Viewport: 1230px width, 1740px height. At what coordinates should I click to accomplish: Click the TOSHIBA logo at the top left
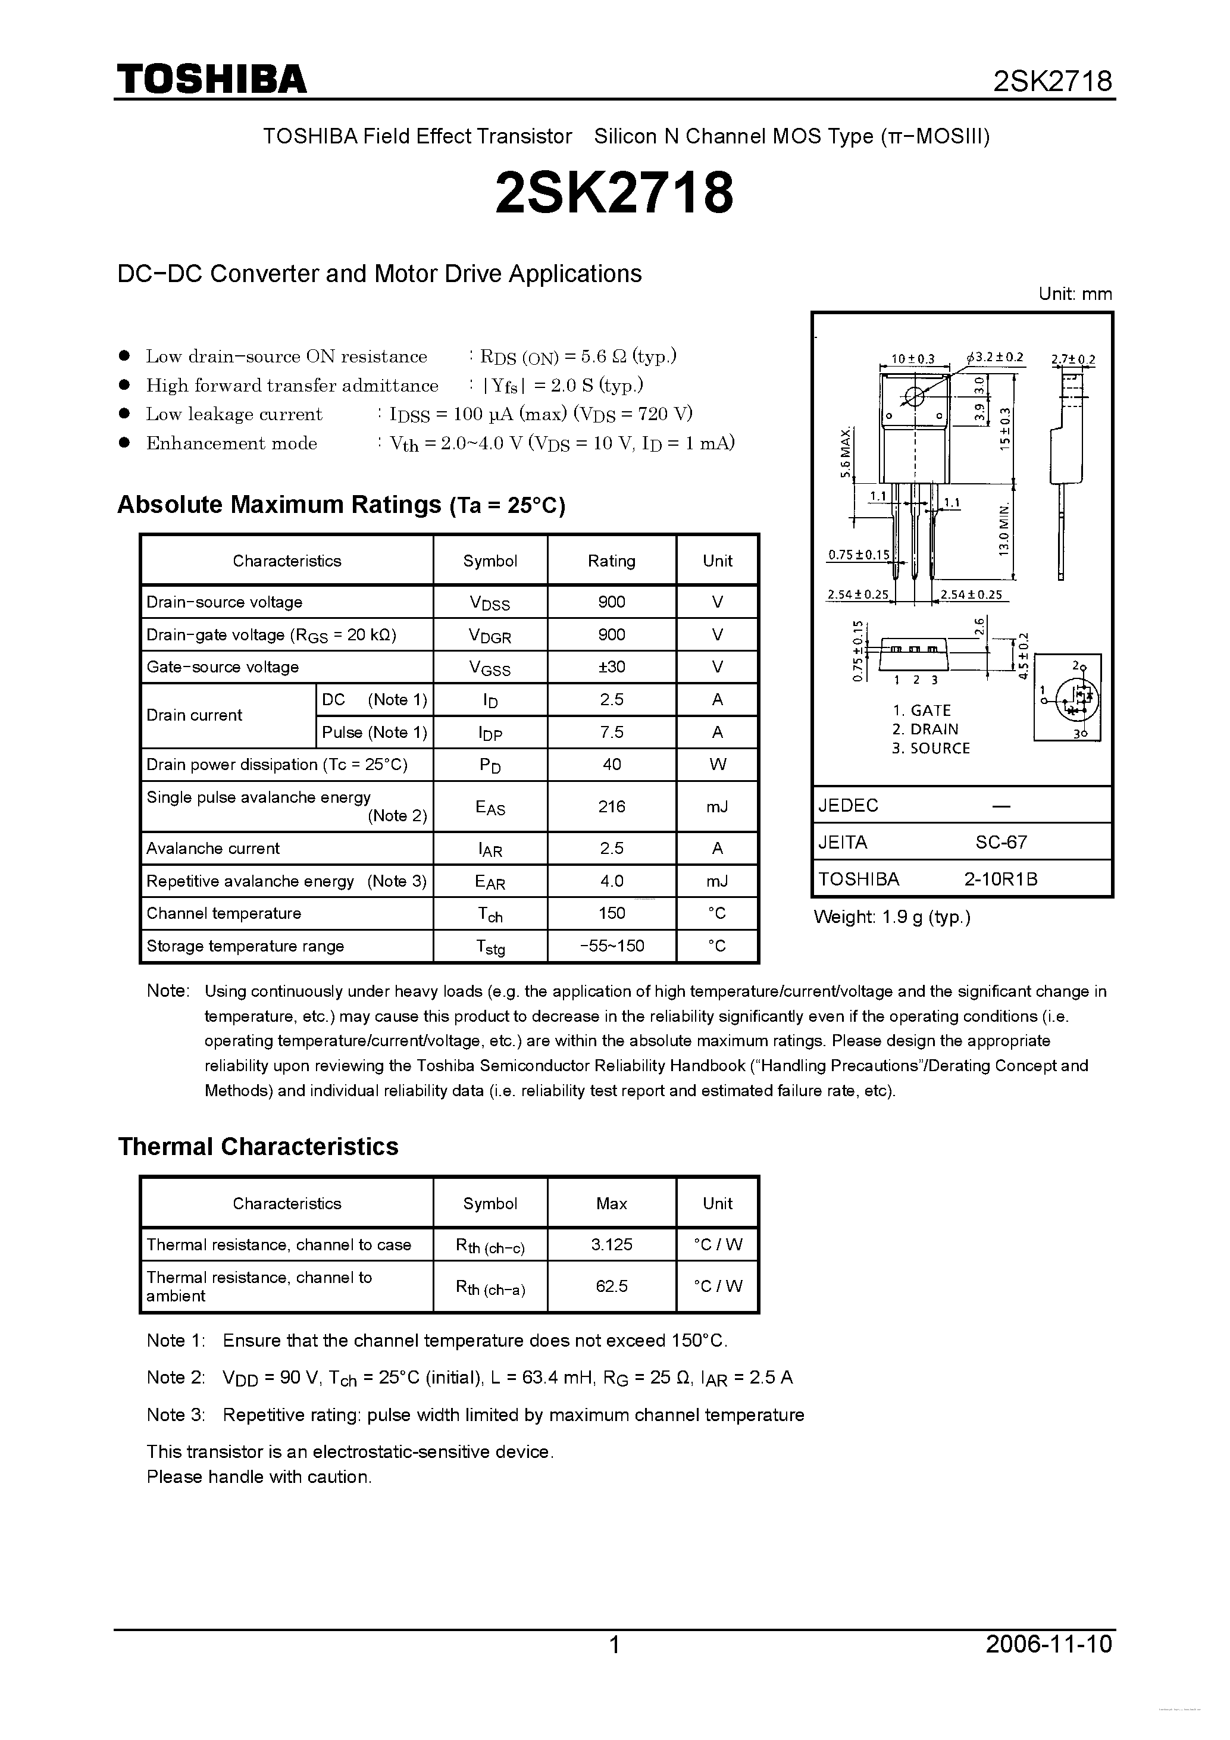(211, 79)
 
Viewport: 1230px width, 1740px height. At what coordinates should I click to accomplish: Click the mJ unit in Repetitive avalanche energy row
(717, 881)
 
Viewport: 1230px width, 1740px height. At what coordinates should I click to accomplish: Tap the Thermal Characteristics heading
(258, 1147)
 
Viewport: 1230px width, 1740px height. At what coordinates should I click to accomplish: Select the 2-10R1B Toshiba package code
(1000, 879)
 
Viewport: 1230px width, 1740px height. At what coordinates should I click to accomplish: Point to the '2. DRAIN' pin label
(925, 729)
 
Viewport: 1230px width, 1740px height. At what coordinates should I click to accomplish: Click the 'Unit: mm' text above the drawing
(1075, 294)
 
